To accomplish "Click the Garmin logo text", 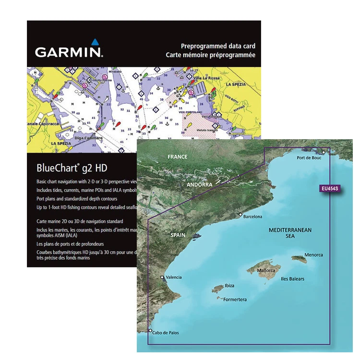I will tap(68, 52).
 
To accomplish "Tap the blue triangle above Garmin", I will tap(95, 42).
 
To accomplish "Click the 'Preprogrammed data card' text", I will tap(217, 46).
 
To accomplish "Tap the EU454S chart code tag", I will tap(329, 189).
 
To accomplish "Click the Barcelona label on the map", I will tap(253, 216).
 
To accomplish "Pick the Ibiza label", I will tap(229, 286).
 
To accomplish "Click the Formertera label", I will tap(235, 300).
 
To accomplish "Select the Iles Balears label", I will tap(292, 279).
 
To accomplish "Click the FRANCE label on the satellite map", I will tap(177, 156).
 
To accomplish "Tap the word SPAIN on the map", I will tap(178, 235).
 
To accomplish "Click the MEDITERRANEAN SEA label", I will tap(290, 233).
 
